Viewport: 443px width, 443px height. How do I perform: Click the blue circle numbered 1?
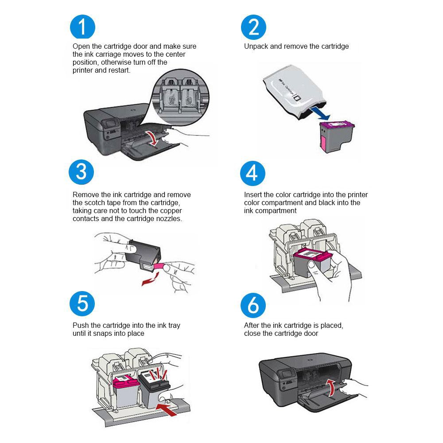click(82, 27)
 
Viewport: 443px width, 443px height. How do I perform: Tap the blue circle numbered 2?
click(253, 27)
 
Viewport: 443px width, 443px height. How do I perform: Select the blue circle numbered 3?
click(82, 172)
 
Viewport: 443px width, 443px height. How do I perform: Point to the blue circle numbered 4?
click(253, 173)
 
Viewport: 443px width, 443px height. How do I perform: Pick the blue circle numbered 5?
click(82, 304)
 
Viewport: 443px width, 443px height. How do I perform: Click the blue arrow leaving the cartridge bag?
click(320, 114)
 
